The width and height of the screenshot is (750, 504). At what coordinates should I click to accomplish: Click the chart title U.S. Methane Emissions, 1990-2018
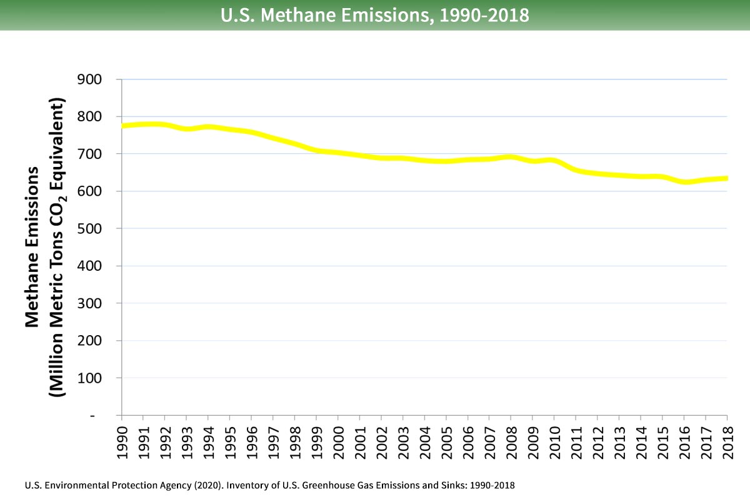click(x=375, y=15)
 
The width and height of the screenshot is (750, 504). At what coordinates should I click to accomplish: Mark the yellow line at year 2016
click(x=684, y=182)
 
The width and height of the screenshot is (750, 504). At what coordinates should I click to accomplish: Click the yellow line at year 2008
click(x=511, y=156)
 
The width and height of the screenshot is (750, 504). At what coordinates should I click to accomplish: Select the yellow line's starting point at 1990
click(x=122, y=126)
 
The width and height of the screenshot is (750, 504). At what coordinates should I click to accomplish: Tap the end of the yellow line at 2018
click(x=727, y=178)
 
